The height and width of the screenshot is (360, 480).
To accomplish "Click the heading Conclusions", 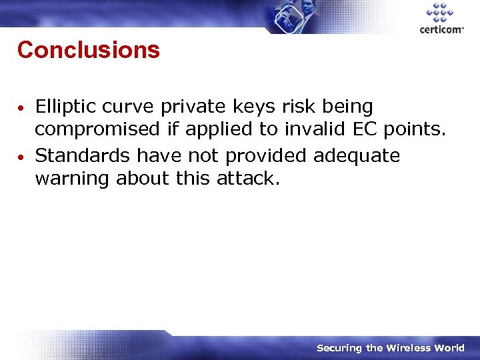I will point(89,50).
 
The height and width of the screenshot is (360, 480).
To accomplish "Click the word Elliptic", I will point(65,106).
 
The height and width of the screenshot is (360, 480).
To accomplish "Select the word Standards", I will point(83,155).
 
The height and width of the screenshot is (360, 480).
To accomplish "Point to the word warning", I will point(72,179).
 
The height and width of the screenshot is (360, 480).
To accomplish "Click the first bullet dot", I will point(22,107).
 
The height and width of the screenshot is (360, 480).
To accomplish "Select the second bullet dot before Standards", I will point(22,157).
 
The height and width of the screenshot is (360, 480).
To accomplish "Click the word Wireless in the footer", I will point(409,348).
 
